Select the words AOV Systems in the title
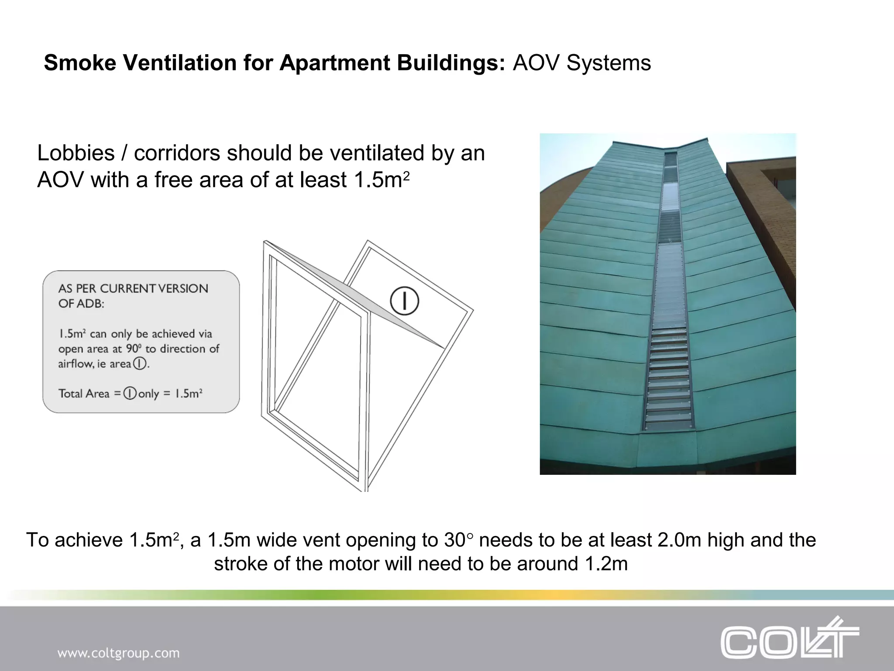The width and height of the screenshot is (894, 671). pyautogui.click(x=581, y=63)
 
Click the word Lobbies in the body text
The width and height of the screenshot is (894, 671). pyautogui.click(x=76, y=153)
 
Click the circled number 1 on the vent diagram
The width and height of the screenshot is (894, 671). pyautogui.click(x=404, y=301)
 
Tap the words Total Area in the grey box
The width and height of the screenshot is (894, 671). pyautogui.click(x=84, y=394)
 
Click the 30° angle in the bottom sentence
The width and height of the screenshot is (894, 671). pyautogui.click(x=458, y=540)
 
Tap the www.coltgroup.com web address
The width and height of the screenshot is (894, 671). pyautogui.click(x=118, y=653)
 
